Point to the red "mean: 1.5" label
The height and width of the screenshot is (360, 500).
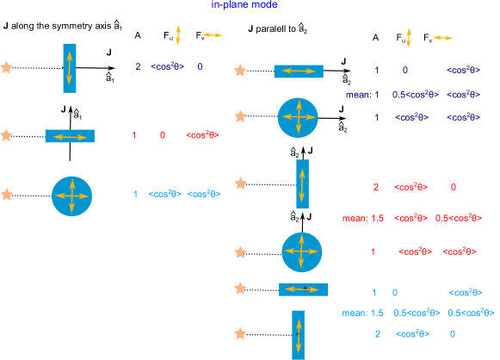362,218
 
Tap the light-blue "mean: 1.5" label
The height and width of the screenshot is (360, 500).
362,312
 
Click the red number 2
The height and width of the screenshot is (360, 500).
376,187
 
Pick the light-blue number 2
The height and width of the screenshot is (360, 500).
378,334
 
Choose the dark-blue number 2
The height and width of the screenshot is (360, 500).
138,67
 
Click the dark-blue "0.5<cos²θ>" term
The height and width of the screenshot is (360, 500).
411,94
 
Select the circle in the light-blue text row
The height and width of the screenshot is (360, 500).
72,196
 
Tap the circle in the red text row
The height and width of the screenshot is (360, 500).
302,251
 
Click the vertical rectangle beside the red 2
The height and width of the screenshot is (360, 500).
302,184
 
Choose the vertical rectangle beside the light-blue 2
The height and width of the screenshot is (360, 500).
298,333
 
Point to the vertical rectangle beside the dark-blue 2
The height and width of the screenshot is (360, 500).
70,67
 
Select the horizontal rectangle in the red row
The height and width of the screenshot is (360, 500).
70,136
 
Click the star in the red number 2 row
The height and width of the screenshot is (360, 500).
241,183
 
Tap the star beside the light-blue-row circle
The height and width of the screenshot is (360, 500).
7,195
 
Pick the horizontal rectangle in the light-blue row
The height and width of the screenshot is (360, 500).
303,290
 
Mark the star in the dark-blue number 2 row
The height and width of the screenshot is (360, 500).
7,67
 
